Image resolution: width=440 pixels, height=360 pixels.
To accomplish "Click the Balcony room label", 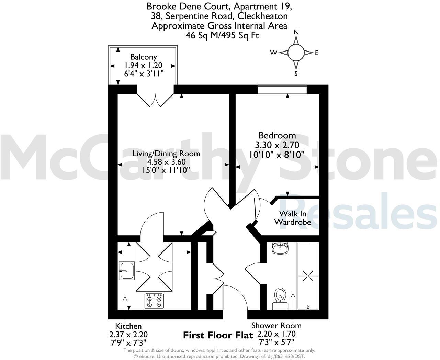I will [x=143, y=57].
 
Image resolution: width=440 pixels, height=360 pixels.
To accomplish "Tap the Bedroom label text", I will [x=277, y=135].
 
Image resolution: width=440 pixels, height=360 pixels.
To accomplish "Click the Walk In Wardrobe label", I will [x=292, y=218].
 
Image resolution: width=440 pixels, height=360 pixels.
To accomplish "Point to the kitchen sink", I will [x=126, y=270].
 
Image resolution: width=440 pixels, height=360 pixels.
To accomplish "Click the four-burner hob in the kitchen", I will [x=154, y=301].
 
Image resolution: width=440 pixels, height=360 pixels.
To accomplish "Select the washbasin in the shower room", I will [x=281, y=248].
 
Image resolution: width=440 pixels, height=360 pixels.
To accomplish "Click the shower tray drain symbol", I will [x=308, y=275].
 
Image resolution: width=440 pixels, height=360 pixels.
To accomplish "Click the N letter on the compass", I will [x=296, y=32].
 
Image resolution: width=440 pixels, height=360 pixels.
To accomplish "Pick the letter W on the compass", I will [x=274, y=53].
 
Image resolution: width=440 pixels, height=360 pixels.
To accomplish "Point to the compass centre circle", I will [x=296, y=53].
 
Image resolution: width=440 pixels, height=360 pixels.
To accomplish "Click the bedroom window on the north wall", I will [x=282, y=89].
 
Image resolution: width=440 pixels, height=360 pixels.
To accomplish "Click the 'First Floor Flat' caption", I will [x=218, y=335].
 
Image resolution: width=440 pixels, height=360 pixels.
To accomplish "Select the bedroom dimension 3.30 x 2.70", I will [x=277, y=145].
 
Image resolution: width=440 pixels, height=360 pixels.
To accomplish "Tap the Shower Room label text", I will [x=276, y=326].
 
